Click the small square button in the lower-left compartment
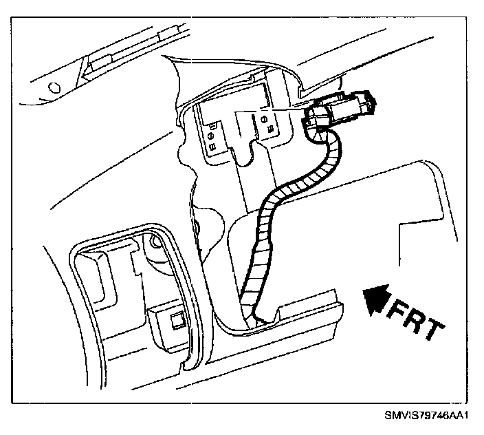pyautogui.click(x=177, y=318)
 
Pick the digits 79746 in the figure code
pyautogui.click(x=426, y=415)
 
